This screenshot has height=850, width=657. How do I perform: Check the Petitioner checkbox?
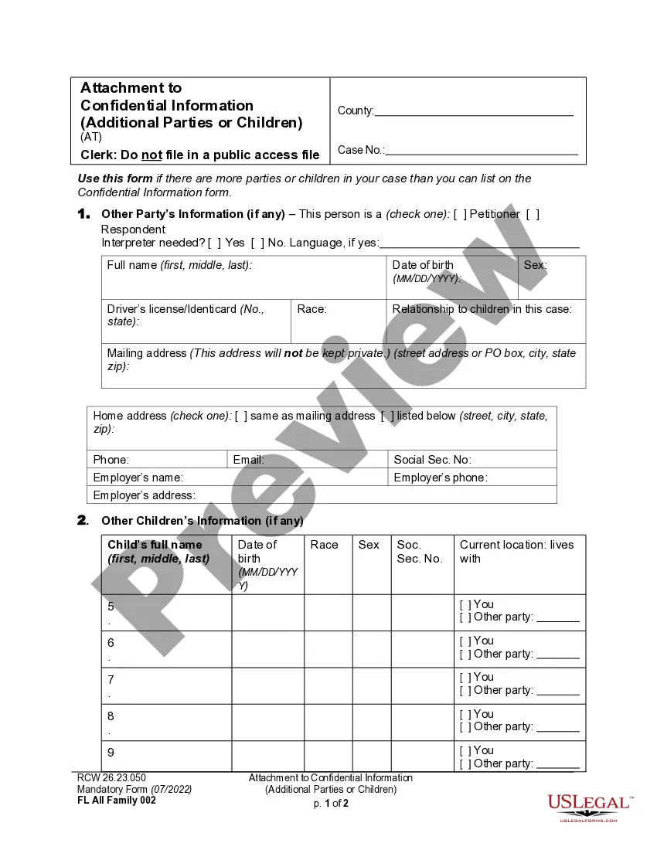click(x=460, y=214)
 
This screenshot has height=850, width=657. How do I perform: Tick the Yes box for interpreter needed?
click(x=215, y=243)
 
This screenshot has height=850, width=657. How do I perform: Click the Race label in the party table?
click(x=311, y=309)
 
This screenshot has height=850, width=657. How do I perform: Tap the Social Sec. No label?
click(x=432, y=460)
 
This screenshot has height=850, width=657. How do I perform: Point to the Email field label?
click(x=249, y=460)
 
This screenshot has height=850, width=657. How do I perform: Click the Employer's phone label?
click(x=441, y=478)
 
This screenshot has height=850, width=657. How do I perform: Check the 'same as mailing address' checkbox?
click(x=241, y=416)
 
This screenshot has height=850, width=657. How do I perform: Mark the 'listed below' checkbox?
click(x=387, y=416)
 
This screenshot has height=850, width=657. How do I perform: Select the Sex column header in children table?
click(x=369, y=545)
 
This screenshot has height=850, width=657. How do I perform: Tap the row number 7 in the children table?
click(x=111, y=679)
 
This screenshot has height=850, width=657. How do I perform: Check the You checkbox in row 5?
click(x=465, y=604)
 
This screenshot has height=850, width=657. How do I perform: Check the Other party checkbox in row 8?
click(x=465, y=726)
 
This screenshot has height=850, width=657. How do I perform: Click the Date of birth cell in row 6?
click(x=267, y=649)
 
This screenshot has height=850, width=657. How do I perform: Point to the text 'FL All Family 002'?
click(x=117, y=801)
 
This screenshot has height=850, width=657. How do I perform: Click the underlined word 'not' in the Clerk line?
click(x=151, y=155)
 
